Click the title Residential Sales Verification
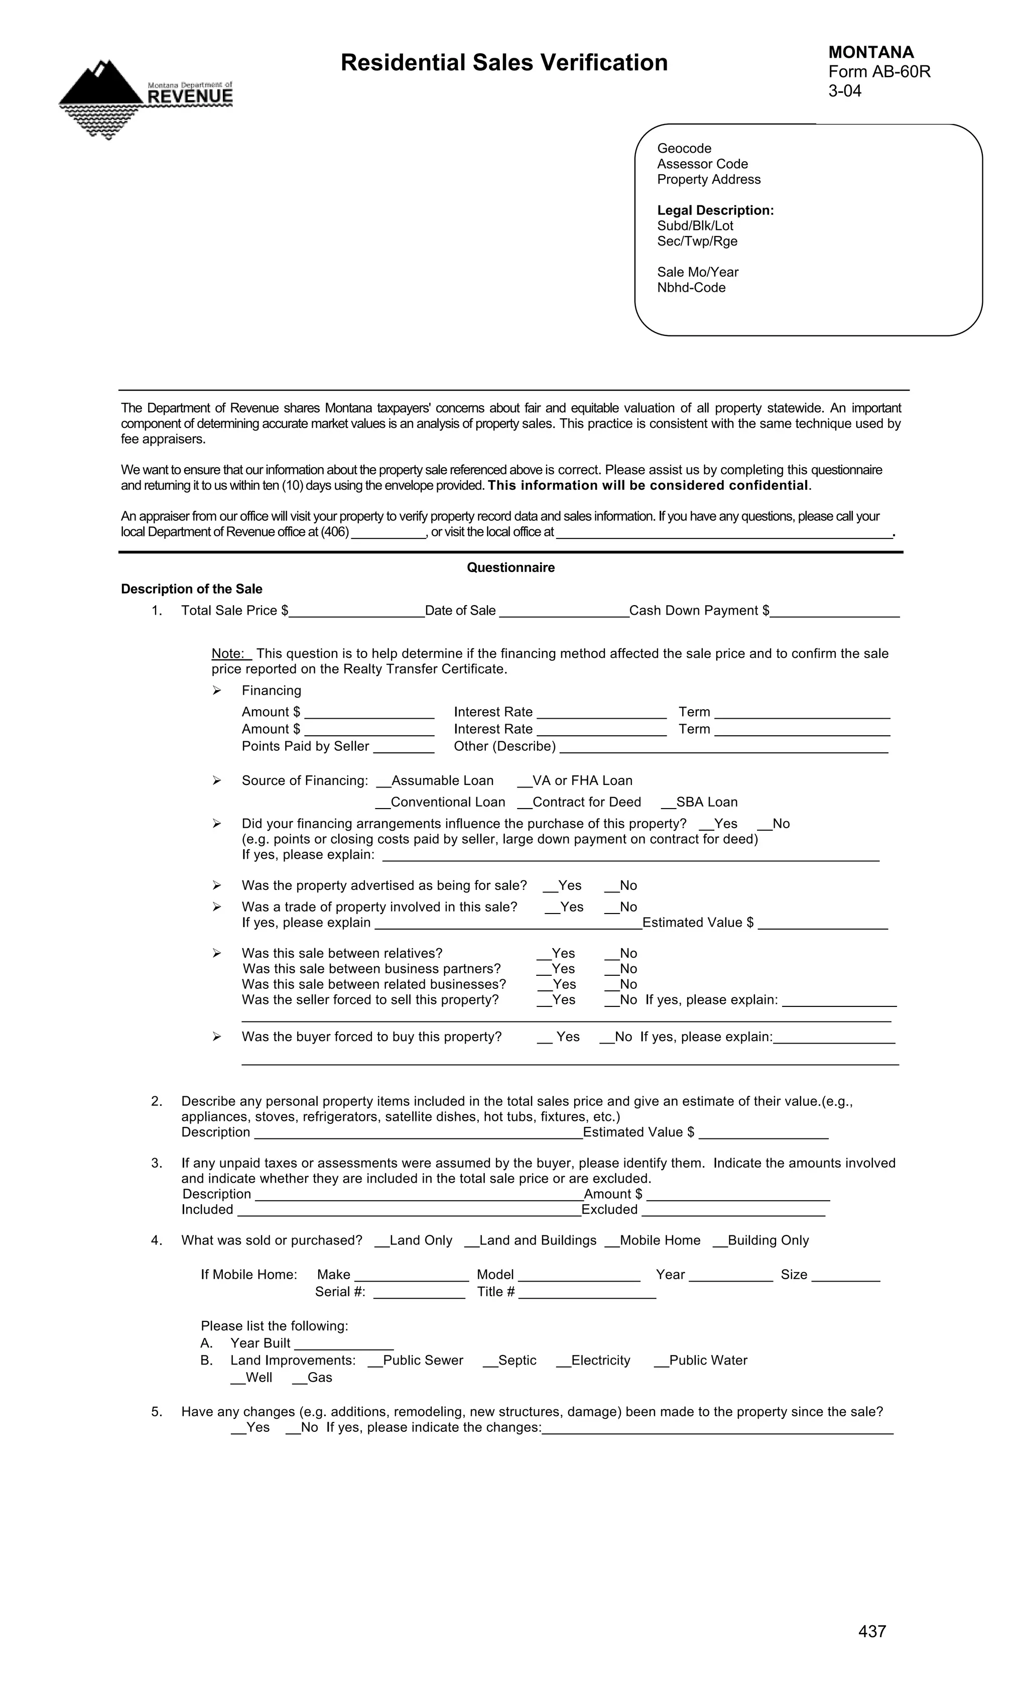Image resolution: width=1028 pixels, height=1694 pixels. (503, 63)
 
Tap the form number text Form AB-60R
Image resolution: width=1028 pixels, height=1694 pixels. (879, 71)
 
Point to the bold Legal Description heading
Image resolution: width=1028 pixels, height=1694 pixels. (715, 210)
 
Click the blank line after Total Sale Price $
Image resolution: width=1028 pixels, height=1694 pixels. (356, 611)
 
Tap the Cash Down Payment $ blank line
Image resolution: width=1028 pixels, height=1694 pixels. (834, 611)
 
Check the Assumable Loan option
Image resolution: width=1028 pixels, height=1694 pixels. (383, 781)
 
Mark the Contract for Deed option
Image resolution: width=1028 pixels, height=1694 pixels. (524, 803)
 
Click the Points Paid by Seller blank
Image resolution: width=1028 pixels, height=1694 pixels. (404, 747)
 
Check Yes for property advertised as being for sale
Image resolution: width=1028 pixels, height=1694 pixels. (550, 886)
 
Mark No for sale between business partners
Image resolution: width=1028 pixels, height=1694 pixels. (611, 969)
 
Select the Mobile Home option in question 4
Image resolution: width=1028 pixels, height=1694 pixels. (611, 1241)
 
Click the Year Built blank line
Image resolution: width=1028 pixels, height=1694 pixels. (343, 1344)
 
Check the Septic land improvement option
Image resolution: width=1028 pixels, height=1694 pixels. (490, 1361)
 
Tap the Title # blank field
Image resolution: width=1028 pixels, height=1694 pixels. (587, 1293)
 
